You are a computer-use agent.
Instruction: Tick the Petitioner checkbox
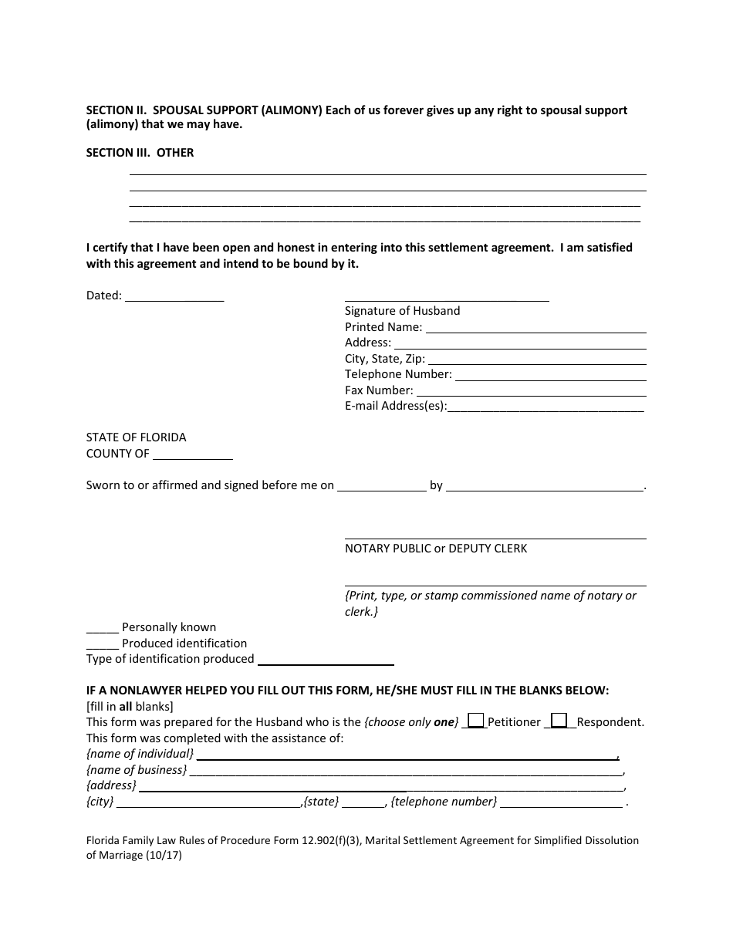click(x=476, y=720)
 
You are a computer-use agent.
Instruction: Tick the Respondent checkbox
click(x=559, y=720)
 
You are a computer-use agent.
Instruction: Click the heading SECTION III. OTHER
click(x=140, y=153)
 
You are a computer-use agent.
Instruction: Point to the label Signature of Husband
click(x=402, y=311)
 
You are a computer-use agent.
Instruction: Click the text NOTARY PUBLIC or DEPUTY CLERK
click(x=436, y=549)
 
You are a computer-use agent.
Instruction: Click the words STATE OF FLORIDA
click(x=136, y=437)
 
